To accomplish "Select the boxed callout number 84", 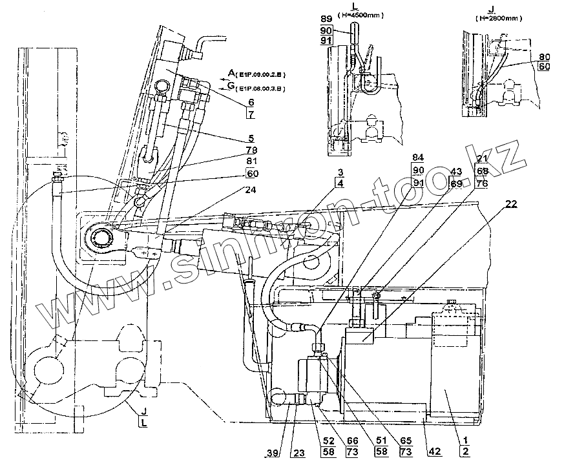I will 419,157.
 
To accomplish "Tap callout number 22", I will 511,204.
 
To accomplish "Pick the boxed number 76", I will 482,184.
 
